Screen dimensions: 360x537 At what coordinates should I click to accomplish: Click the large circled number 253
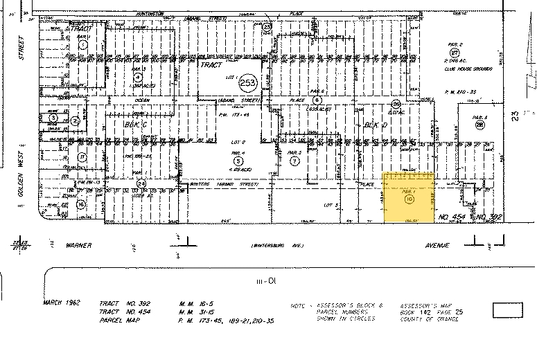point(246,83)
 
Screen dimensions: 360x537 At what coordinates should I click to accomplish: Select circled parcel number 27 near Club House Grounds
point(455,53)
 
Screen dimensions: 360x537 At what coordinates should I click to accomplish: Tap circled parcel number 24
point(141,183)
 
